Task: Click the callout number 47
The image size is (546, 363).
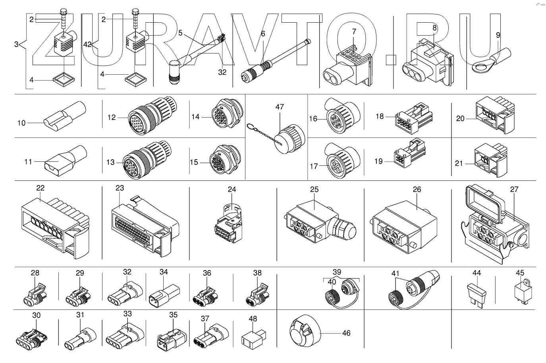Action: point(280,107)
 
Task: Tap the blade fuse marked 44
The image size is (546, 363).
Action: point(477,295)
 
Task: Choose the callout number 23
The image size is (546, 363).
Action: point(120,188)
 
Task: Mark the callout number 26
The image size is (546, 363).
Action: point(417,189)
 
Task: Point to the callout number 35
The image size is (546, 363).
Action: point(173,315)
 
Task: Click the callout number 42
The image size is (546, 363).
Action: point(87,44)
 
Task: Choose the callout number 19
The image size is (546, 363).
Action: point(378,161)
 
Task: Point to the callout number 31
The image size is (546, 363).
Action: point(80,315)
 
